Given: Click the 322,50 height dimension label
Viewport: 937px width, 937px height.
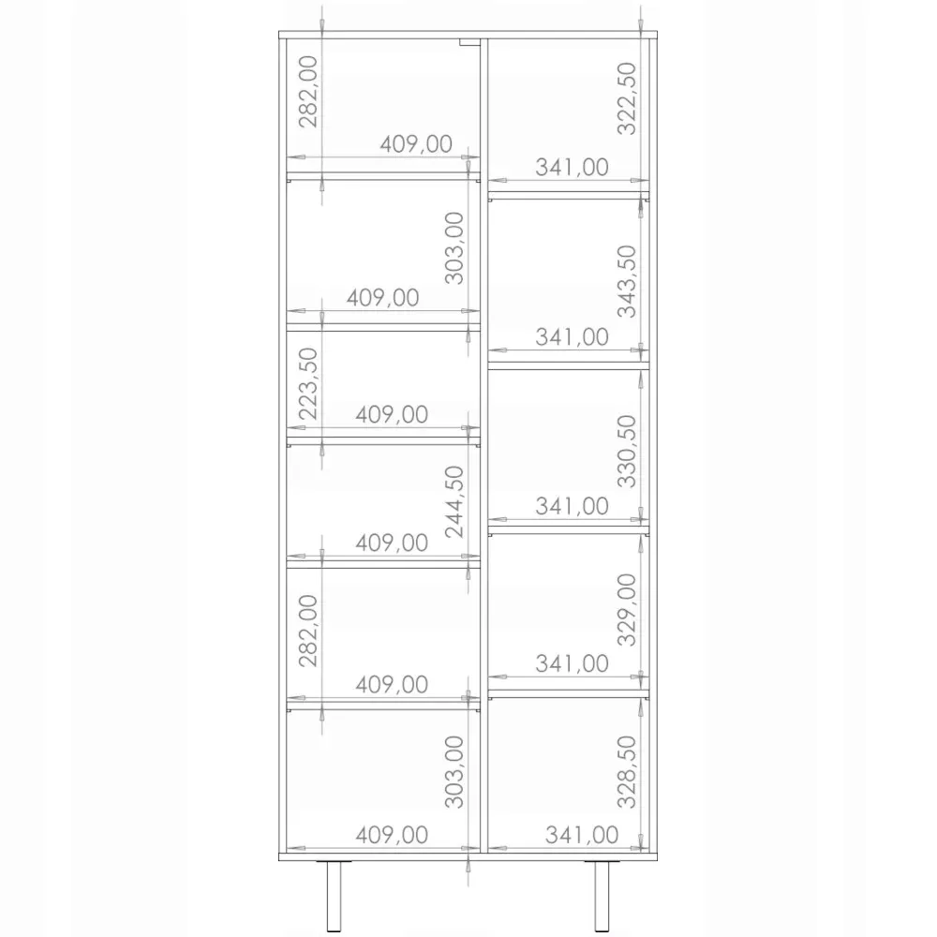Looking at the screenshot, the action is coord(627,99).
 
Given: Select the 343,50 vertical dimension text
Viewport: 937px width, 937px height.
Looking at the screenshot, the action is coord(627,281).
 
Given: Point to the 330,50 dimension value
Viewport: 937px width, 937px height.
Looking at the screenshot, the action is coord(627,452).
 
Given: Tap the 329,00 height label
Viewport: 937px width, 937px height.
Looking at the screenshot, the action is coord(627,610).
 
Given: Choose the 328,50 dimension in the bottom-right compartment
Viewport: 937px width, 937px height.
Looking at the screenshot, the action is coord(627,772).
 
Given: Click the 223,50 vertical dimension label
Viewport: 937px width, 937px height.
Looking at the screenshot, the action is coord(308,383).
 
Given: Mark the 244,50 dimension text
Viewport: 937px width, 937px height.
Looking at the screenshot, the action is coord(454,502).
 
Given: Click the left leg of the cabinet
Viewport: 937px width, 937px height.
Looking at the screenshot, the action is coord(334,897).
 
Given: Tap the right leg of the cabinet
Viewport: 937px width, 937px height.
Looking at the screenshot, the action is coord(602,897).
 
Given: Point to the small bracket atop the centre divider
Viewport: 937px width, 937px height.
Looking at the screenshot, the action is coord(469,42).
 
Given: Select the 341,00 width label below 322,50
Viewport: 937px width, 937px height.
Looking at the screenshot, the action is coord(572,168).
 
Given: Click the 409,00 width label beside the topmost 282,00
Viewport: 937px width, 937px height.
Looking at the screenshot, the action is coord(416,144).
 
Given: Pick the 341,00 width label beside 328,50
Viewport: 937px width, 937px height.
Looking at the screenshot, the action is coord(582,835).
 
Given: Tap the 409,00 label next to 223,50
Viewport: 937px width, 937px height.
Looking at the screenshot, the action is coord(392,415).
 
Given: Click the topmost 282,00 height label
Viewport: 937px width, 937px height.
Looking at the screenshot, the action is coord(308,92).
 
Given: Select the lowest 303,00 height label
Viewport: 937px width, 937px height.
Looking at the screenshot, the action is coord(454,772).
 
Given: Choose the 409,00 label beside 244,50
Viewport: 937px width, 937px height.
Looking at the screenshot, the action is coord(392,543).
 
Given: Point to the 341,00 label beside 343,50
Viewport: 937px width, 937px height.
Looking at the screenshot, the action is coord(572,337).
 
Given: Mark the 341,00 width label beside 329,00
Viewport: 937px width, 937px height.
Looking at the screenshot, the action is coord(572,663).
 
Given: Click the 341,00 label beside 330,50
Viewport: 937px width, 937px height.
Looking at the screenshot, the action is coord(572,506).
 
